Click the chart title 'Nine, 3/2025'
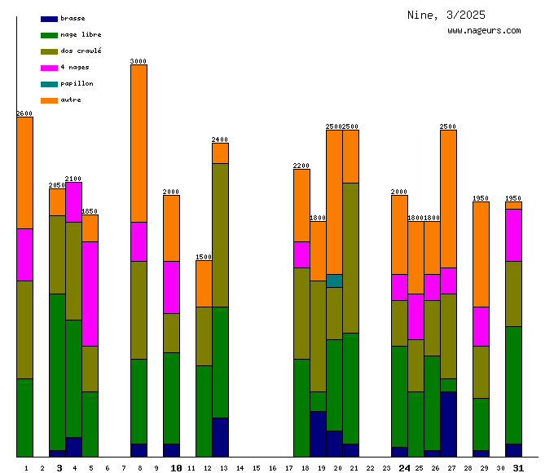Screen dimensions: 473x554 (x=446, y=15)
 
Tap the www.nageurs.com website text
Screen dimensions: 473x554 (x=484, y=31)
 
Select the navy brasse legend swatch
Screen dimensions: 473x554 (x=49, y=18)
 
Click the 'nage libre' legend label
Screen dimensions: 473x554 (x=81, y=34)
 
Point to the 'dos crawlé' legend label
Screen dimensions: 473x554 (x=81, y=51)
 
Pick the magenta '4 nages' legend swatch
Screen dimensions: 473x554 (x=49, y=67)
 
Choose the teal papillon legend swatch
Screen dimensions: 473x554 (x=49, y=83)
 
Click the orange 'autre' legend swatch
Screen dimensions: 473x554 (x=49, y=99)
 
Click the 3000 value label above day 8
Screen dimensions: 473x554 (x=138, y=61)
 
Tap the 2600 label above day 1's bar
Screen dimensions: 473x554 (x=24, y=113)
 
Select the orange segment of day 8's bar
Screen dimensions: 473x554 (x=138, y=143)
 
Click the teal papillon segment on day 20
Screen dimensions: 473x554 (x=334, y=281)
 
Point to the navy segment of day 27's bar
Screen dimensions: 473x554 (x=448, y=424)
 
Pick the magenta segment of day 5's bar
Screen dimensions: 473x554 (x=90, y=294)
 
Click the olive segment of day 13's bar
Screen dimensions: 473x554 (x=220, y=235)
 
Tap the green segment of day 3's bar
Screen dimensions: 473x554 (x=57, y=371)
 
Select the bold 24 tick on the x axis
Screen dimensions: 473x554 (x=404, y=468)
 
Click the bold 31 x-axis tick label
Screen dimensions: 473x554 (x=518, y=468)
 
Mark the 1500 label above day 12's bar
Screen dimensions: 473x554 (x=204, y=257)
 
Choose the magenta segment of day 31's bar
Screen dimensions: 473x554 (x=513, y=235)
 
